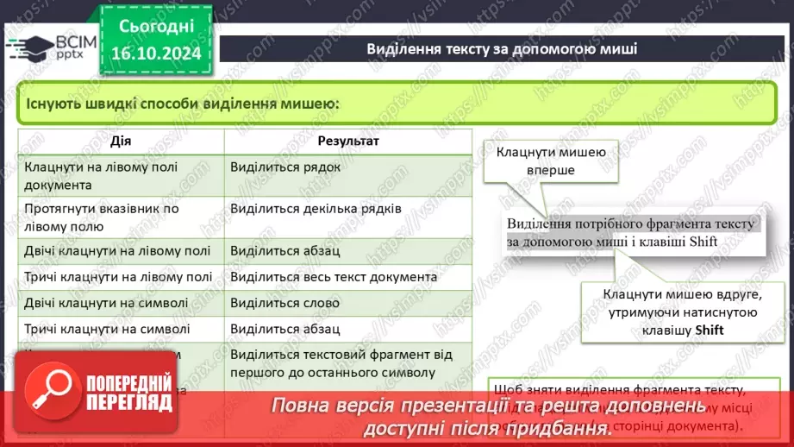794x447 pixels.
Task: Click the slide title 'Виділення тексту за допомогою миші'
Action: point(502,48)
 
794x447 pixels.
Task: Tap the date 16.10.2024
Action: point(154,54)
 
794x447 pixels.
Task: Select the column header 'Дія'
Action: point(121,141)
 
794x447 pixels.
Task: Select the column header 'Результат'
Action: point(348,141)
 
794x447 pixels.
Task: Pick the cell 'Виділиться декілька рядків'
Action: point(316,209)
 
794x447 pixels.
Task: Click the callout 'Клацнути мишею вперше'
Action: point(550,161)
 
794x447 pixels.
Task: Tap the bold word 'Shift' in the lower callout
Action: point(706,331)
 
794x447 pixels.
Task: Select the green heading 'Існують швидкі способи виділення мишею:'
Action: point(182,104)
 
